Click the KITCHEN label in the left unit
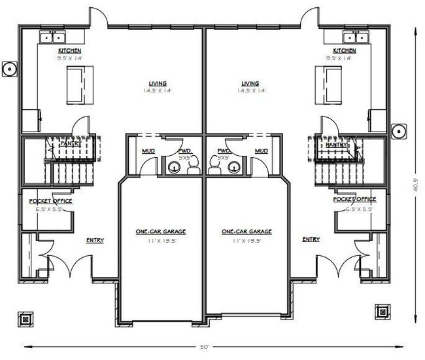click(69, 50)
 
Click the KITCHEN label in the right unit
click(345, 50)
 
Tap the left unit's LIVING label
click(158, 84)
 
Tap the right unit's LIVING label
click(250, 84)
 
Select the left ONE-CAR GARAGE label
click(160, 232)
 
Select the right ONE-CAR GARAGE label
click(246, 232)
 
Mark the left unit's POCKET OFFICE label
click(50, 200)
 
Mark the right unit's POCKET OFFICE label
click(354, 199)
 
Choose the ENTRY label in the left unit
click(95, 240)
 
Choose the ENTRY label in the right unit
click(311, 240)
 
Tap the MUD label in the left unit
click(148, 151)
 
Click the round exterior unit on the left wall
click(10, 67)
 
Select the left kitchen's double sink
click(50, 37)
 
